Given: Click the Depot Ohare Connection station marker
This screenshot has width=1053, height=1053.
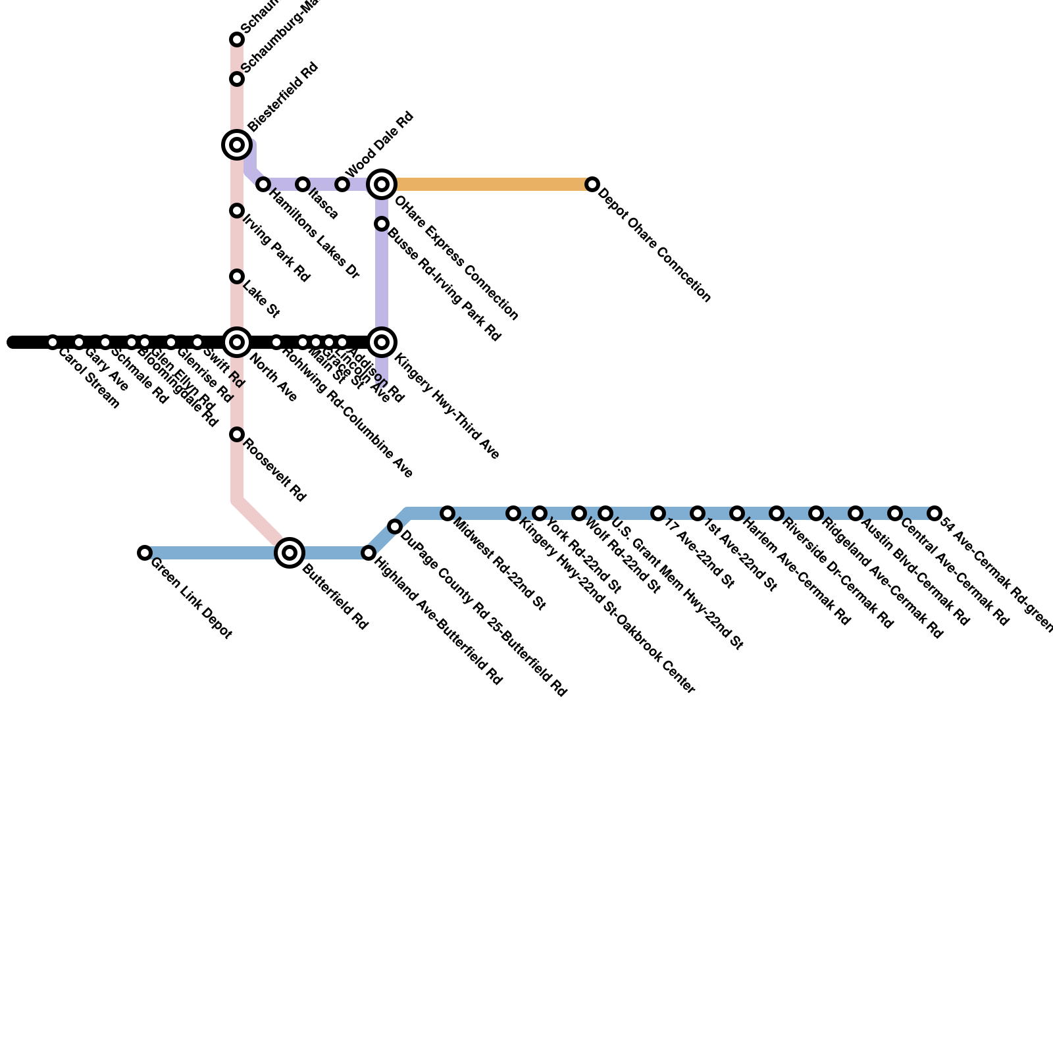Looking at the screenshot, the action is click(x=592, y=184).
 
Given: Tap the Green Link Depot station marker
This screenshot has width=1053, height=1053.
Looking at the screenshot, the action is click(x=145, y=553).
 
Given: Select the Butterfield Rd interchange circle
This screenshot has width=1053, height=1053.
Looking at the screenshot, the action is click(x=290, y=553).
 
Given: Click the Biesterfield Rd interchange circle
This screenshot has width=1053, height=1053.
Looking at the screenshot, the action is click(x=237, y=145).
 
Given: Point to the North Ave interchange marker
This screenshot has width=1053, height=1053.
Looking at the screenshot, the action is click(x=237, y=342).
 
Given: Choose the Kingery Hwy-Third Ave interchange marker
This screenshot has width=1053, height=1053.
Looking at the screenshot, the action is click(x=382, y=342).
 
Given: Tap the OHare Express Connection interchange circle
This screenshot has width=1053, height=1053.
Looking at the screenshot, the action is click(x=382, y=184).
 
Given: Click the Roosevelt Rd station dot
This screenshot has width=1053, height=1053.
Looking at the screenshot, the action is click(x=237, y=434).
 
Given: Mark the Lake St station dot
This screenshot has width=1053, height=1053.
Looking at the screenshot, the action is click(x=237, y=276).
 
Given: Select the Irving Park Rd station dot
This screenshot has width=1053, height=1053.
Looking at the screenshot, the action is click(x=237, y=211).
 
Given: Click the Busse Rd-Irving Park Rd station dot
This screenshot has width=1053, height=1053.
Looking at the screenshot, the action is click(x=382, y=224).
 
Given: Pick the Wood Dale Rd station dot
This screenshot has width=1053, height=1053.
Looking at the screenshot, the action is click(x=342, y=184).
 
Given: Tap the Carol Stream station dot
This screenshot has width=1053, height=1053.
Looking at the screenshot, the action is click(x=53, y=342).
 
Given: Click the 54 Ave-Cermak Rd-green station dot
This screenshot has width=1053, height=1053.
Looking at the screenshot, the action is click(x=935, y=513).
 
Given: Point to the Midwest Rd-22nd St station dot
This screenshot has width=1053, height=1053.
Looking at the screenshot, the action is click(x=448, y=513).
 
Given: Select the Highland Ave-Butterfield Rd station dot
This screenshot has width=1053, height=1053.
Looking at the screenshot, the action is click(x=369, y=553).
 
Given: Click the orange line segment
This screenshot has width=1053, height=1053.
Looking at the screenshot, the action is click(x=487, y=184).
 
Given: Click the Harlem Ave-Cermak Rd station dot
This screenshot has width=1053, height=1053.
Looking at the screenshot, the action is click(x=737, y=513).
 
